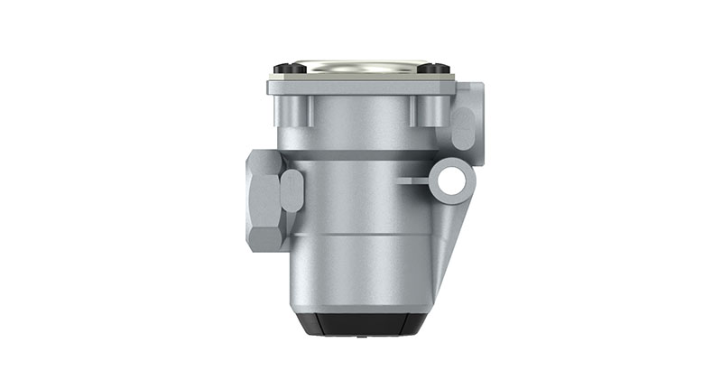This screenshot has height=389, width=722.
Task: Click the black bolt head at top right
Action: click(x=434, y=68)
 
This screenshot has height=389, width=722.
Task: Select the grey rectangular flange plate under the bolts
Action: click(x=361, y=87)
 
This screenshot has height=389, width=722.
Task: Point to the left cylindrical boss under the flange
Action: click(x=301, y=110)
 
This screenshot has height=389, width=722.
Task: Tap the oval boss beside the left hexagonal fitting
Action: click(x=292, y=190)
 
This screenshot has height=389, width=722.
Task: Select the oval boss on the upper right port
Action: click(x=461, y=129)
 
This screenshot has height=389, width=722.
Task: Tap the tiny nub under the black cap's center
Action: click(x=361, y=337)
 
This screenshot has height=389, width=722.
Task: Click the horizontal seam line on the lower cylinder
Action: click(x=361, y=234)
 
